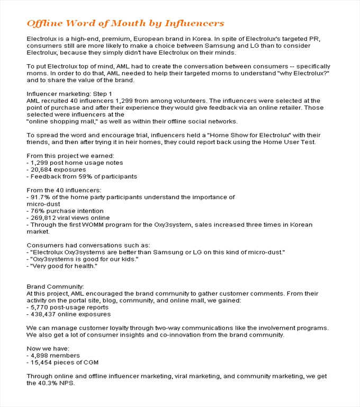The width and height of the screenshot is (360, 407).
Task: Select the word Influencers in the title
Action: [194, 23]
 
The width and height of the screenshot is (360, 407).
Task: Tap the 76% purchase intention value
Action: [38, 211]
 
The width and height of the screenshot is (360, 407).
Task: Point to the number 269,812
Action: [44, 218]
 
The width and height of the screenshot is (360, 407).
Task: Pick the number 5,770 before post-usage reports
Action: [39, 307]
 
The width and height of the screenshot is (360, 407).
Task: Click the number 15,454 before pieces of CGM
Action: [41, 362]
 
